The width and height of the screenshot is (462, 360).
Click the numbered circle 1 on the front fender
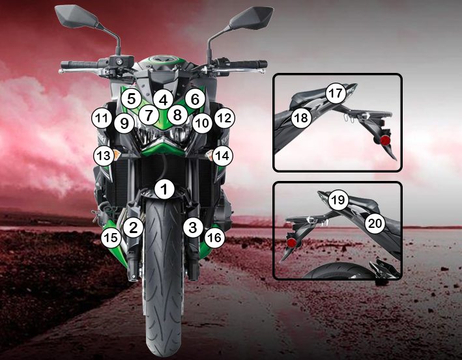pyautogui.click(x=164, y=189)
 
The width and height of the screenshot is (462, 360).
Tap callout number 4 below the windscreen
pyautogui.click(x=164, y=100)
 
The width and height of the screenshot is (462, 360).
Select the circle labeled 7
pyautogui.click(x=149, y=115)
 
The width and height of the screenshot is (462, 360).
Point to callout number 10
pyautogui.click(x=202, y=123)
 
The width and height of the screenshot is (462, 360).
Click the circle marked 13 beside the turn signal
pyautogui.click(x=104, y=156)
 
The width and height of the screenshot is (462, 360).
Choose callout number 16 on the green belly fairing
pyautogui.click(x=214, y=237)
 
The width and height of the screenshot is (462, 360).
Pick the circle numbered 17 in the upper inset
pyautogui.click(x=336, y=93)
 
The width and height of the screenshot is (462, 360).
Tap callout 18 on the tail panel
pyautogui.click(x=302, y=118)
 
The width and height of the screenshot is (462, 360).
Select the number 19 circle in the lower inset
pyautogui.click(x=338, y=200)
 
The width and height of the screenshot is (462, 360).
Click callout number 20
pyautogui.click(x=375, y=223)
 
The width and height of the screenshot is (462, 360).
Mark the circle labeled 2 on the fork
pyautogui.click(x=134, y=227)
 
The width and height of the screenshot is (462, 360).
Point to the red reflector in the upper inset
pyautogui.click(x=385, y=141)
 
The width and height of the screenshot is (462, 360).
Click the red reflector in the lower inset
pyautogui.click(x=292, y=243)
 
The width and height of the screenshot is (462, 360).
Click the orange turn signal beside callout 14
pyautogui.click(x=209, y=154)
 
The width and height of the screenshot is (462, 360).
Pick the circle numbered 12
pyautogui.click(x=225, y=118)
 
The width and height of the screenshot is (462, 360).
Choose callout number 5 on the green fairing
pyautogui.click(x=132, y=98)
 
